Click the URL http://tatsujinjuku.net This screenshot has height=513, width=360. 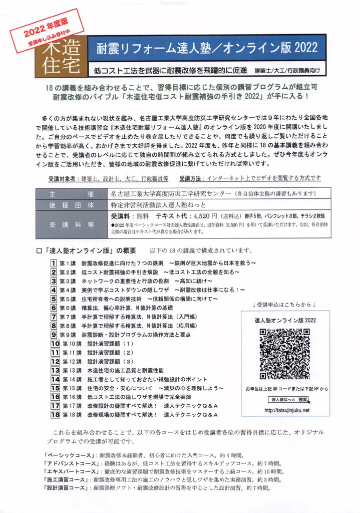pyautogui.click(x=284, y=410)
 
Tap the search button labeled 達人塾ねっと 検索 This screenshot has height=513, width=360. pyautogui.click(x=289, y=399)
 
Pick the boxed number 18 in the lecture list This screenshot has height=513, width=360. pyautogui.click(x=55, y=415)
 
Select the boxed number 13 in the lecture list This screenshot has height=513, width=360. pyautogui.click(x=55, y=370)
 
